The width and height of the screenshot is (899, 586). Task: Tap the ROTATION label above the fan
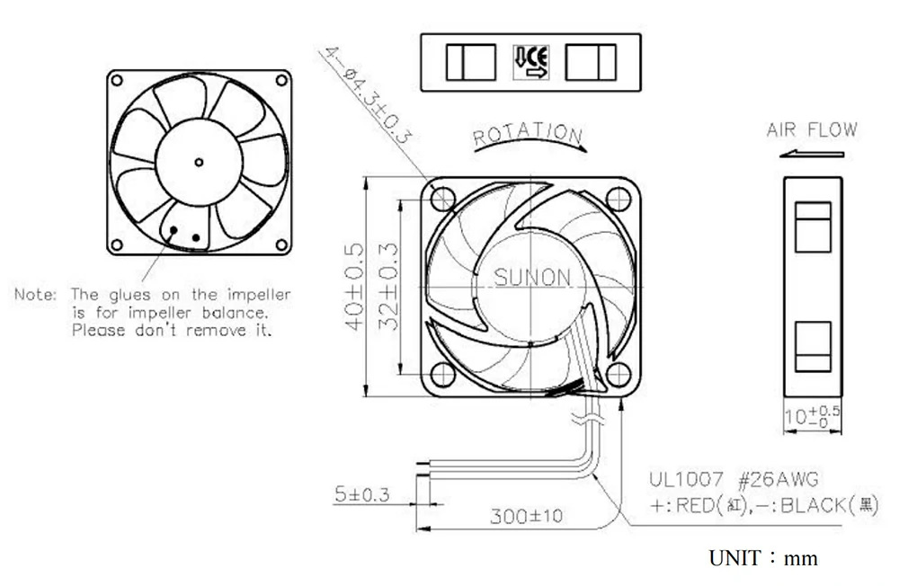point(529,134)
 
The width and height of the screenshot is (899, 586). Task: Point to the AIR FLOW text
point(812,130)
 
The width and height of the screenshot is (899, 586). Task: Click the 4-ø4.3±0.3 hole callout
point(369,94)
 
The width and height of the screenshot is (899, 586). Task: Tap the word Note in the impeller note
point(36,295)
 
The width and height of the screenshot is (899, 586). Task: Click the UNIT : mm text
point(763,558)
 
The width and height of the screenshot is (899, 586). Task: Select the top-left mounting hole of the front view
point(443,196)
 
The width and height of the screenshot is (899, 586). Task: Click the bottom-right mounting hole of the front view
point(617,372)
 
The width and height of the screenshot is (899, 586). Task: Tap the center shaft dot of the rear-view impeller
point(199,163)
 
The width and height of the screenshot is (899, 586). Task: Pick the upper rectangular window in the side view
point(814,226)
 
